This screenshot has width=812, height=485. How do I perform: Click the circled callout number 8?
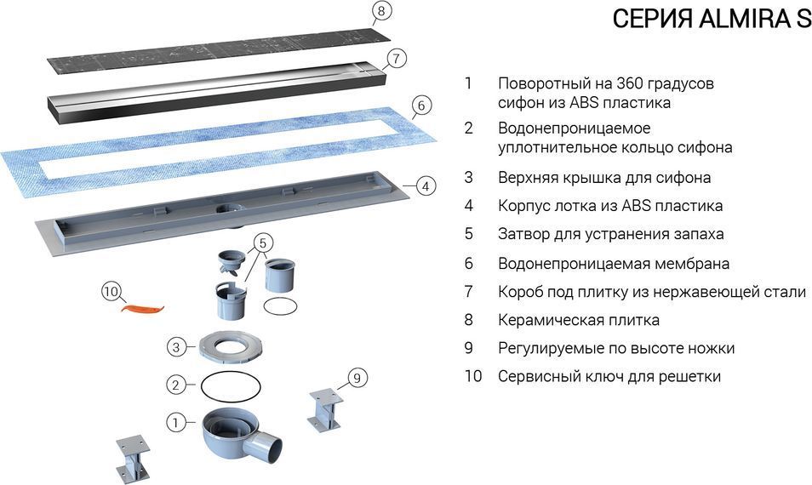382,11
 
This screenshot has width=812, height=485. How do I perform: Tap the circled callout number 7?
396,60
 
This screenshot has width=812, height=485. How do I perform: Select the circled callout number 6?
420,106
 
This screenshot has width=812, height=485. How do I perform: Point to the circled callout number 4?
426,185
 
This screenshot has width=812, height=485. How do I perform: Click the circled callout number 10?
111,292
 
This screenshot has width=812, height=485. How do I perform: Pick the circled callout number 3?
175,346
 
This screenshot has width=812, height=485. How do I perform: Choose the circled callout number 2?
175,385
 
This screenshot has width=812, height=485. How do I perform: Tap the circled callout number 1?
175,422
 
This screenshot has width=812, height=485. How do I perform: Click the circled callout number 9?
357,377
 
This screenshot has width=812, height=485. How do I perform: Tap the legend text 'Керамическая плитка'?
579,320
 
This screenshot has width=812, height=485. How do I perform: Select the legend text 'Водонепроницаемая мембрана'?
614,264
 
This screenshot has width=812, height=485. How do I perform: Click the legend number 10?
473,376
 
